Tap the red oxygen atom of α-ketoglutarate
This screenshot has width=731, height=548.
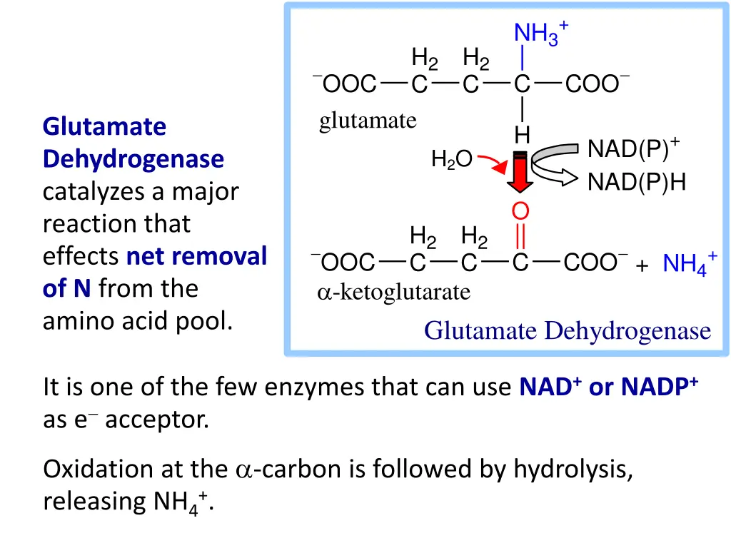coord(521,211)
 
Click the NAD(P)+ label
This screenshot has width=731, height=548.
coord(632,150)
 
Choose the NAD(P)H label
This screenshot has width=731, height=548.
coord(636,183)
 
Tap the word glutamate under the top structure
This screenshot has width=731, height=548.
coord(367,121)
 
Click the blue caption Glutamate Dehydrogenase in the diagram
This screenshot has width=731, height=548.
coord(568,330)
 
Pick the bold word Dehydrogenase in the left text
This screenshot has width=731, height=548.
coord(133,159)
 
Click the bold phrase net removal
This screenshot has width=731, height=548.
coord(196,255)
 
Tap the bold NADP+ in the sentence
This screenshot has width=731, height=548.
coord(659,387)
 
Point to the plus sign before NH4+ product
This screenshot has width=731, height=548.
coord(642,266)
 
